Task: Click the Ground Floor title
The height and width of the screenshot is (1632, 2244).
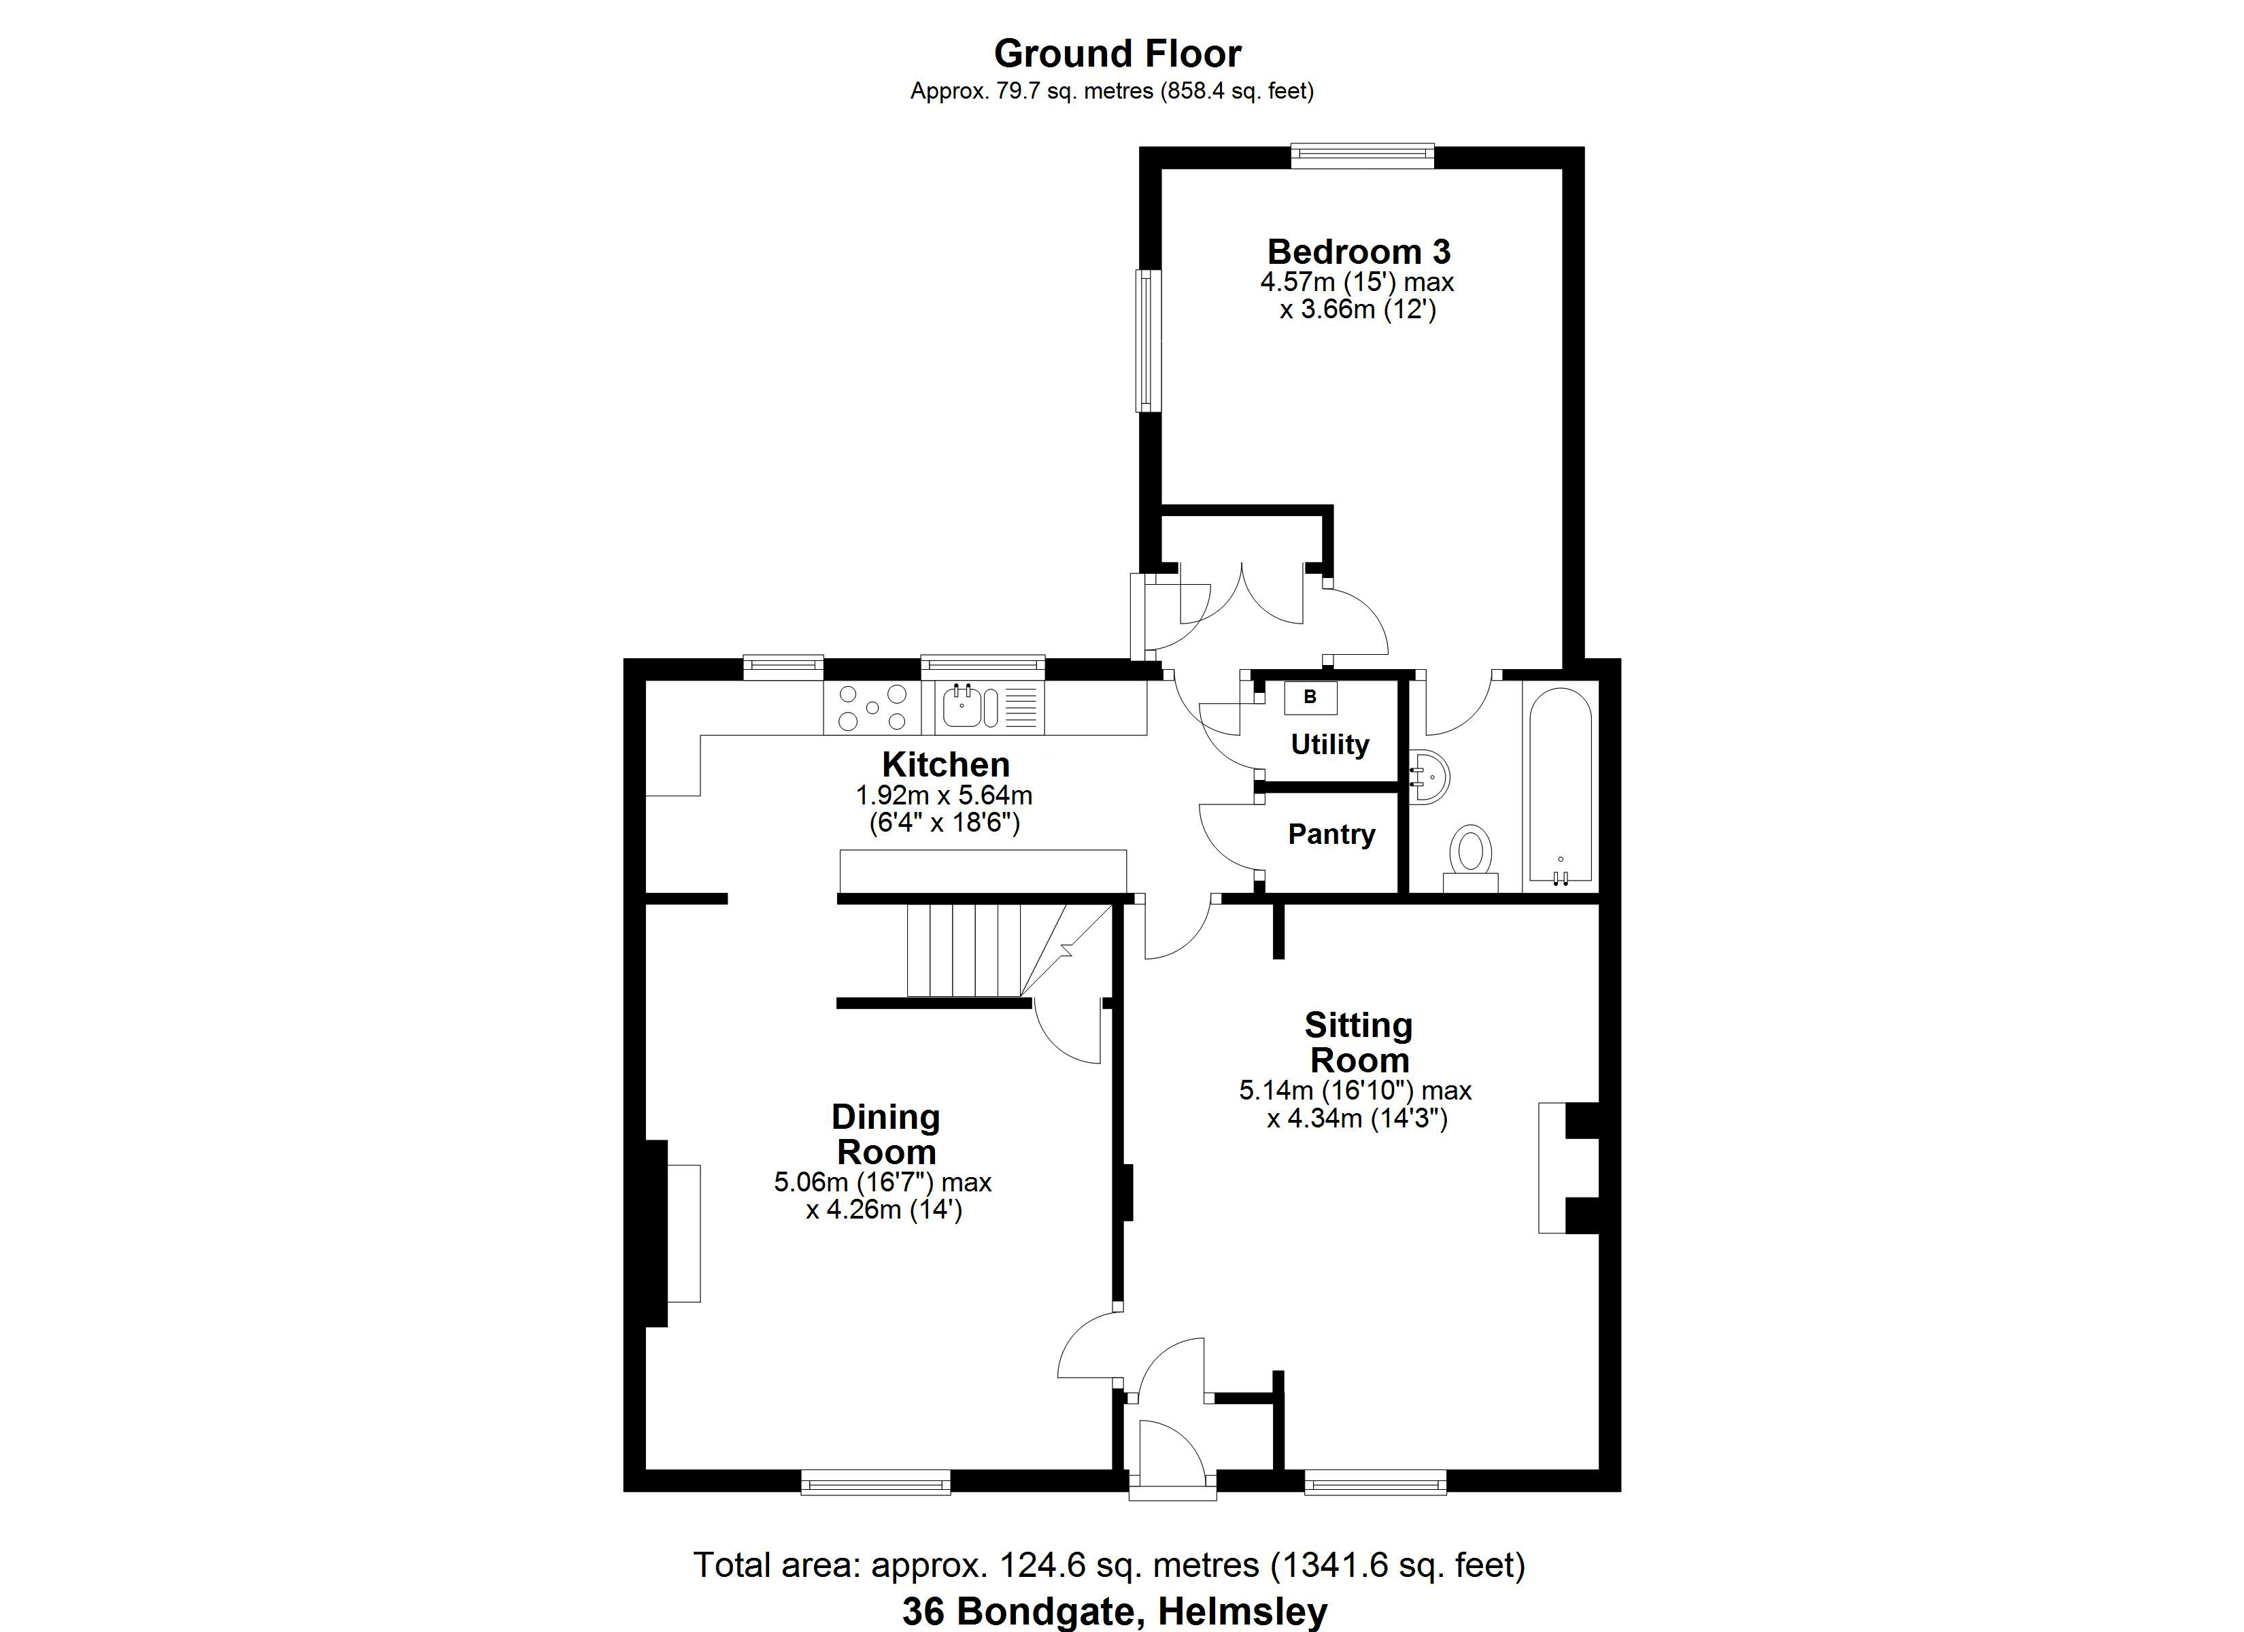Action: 1117,54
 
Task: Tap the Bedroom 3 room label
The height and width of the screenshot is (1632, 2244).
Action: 1359,252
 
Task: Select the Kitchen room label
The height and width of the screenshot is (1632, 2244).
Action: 946,764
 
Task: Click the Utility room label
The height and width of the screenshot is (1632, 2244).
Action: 1330,744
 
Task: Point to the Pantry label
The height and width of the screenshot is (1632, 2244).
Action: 1331,834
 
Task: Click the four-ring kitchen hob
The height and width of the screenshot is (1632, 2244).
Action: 872,708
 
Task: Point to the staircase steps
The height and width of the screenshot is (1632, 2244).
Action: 964,950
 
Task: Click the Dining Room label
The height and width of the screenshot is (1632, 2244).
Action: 885,1134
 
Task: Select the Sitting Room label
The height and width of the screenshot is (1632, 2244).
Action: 1359,1042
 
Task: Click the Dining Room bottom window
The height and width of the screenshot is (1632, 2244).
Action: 876,1482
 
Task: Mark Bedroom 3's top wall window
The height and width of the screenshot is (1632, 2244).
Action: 1363,156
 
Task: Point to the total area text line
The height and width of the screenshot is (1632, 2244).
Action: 1109,1565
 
